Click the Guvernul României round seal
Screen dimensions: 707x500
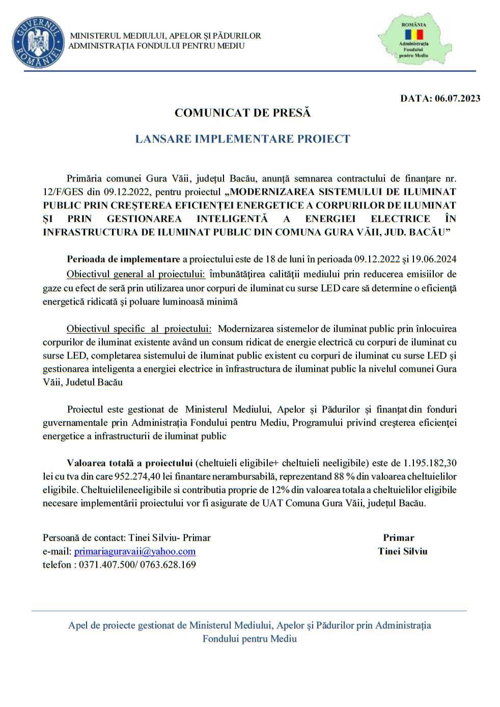pyautogui.click(x=38, y=42)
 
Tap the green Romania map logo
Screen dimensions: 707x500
pyautogui.click(x=414, y=39)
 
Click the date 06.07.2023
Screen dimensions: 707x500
pyautogui.click(x=457, y=98)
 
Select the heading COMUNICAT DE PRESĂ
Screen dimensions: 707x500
pyautogui.click(x=242, y=113)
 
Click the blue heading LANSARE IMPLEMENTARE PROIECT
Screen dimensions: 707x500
pyautogui.click(x=242, y=139)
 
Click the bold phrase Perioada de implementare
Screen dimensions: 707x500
pyautogui.click(x=123, y=259)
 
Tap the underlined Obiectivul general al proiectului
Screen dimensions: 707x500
pyautogui.click(x=135, y=274)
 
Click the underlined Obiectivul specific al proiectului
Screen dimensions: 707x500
pyautogui.click(x=138, y=329)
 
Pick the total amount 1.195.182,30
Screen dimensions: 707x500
pyautogui.click(x=430, y=463)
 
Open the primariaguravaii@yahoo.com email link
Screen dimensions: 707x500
pyautogui.click(x=135, y=551)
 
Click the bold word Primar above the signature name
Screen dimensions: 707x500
pyautogui.click(x=399, y=538)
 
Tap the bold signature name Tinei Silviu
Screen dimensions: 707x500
pyautogui.click(x=403, y=551)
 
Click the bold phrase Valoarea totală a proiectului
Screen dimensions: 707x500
pyautogui.click(x=129, y=463)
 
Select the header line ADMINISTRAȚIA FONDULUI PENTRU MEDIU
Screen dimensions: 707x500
pyautogui.click(x=156, y=46)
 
